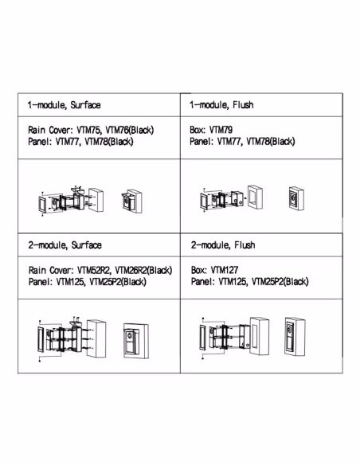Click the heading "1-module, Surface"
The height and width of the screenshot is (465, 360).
64,105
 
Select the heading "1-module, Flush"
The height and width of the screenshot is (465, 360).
221,104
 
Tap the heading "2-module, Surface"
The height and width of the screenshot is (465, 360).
65,245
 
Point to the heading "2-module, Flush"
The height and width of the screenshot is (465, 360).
223,245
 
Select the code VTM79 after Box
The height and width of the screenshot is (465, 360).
221,130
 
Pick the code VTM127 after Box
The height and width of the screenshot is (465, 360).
225,270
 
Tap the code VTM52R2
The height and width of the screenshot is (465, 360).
94,270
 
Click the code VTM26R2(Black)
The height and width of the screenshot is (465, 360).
143,270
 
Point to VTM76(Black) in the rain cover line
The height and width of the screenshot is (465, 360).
130,130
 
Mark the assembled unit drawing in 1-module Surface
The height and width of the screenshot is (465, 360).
131,201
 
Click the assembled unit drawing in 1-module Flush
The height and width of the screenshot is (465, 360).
296,198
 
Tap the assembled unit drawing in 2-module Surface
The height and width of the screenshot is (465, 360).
136,341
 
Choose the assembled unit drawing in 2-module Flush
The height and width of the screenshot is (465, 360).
295,337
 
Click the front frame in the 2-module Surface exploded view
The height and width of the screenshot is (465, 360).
41,339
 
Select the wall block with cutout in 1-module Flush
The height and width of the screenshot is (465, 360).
255,197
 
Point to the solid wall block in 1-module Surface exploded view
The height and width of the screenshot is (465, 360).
96,200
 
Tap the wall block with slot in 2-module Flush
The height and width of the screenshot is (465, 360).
260,336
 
